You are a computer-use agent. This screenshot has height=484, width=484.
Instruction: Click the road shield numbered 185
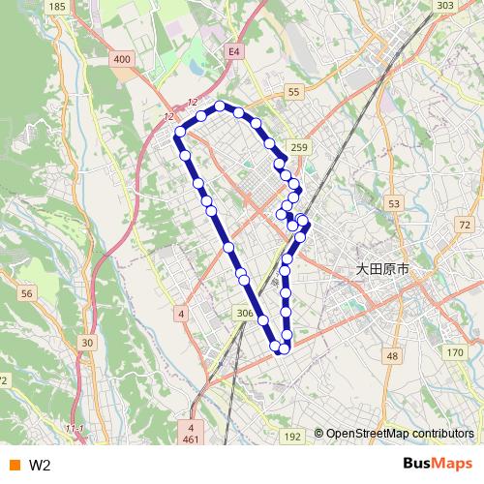coord(57,7)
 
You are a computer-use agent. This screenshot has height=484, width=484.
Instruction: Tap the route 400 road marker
coord(121,59)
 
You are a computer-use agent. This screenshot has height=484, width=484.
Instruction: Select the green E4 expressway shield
coord(233,50)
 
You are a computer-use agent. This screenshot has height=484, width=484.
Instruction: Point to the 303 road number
coord(444,6)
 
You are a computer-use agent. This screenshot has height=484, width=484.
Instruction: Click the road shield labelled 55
coord(294,91)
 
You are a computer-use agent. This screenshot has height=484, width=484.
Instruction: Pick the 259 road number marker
coord(299,147)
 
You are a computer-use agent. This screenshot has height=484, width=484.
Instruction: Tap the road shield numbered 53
coord(393,203)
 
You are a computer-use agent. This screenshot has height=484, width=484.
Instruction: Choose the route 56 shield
coord(26,293)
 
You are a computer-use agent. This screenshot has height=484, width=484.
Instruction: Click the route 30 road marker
coord(87,343)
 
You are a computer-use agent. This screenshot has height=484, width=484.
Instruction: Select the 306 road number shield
coord(244,314)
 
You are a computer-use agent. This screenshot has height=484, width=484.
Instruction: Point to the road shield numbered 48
coord(391,356)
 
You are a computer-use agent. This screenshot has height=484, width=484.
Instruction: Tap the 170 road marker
coord(454,352)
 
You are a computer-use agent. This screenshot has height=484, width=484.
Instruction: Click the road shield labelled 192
coord(292,438)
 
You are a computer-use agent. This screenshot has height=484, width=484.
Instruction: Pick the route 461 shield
coord(192,440)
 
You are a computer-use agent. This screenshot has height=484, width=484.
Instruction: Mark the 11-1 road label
coord(75,428)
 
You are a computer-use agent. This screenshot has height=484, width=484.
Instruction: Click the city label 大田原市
coord(382,269)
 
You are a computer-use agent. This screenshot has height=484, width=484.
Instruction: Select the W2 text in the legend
coord(40,466)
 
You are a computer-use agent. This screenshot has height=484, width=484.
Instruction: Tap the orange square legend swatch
coord(14,466)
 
